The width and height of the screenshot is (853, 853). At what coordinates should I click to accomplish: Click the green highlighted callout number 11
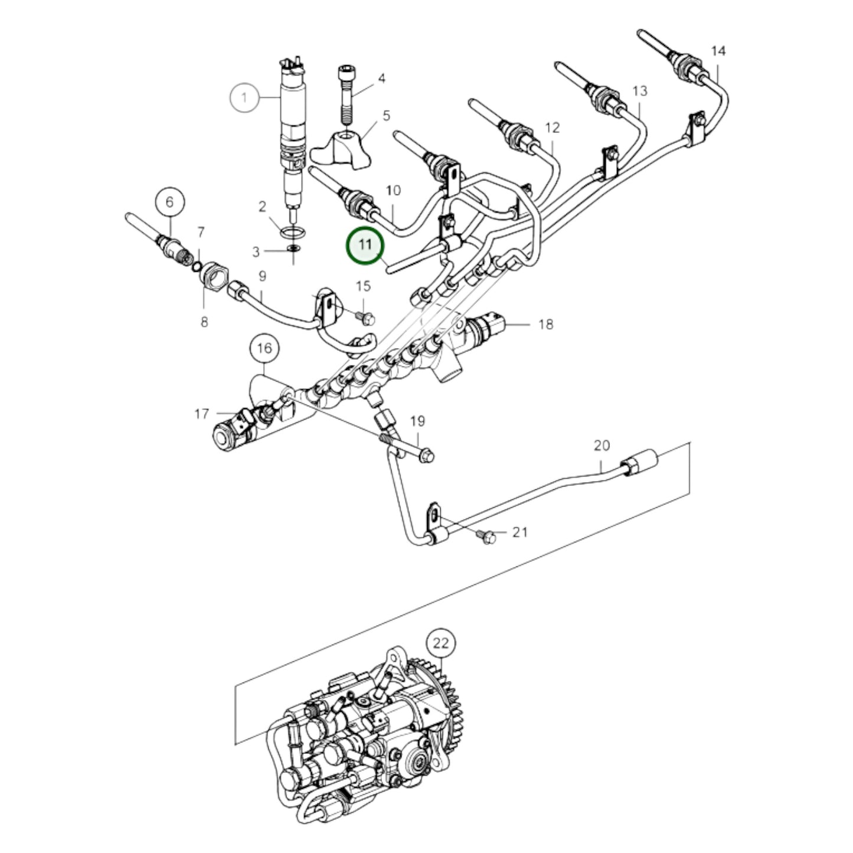pos(365,245)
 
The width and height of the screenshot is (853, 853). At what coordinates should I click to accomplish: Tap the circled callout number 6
pos(170,202)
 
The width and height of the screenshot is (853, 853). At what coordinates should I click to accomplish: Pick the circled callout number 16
pos(264,349)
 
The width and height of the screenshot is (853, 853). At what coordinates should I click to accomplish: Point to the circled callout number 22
pos(442,643)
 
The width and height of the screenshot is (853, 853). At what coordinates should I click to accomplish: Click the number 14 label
pos(718,51)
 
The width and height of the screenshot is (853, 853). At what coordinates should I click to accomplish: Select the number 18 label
pos(546,324)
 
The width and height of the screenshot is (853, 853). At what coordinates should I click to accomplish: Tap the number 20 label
pos(602,446)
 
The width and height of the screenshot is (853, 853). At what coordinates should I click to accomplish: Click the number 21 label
pos(519,532)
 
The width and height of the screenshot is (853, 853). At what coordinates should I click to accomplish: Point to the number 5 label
pos(387,116)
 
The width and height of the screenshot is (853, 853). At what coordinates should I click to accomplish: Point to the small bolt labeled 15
pos(367,319)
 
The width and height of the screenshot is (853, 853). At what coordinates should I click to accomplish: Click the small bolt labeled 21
pos(488,538)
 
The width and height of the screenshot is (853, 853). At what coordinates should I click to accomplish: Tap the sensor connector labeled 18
pos(487,325)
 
